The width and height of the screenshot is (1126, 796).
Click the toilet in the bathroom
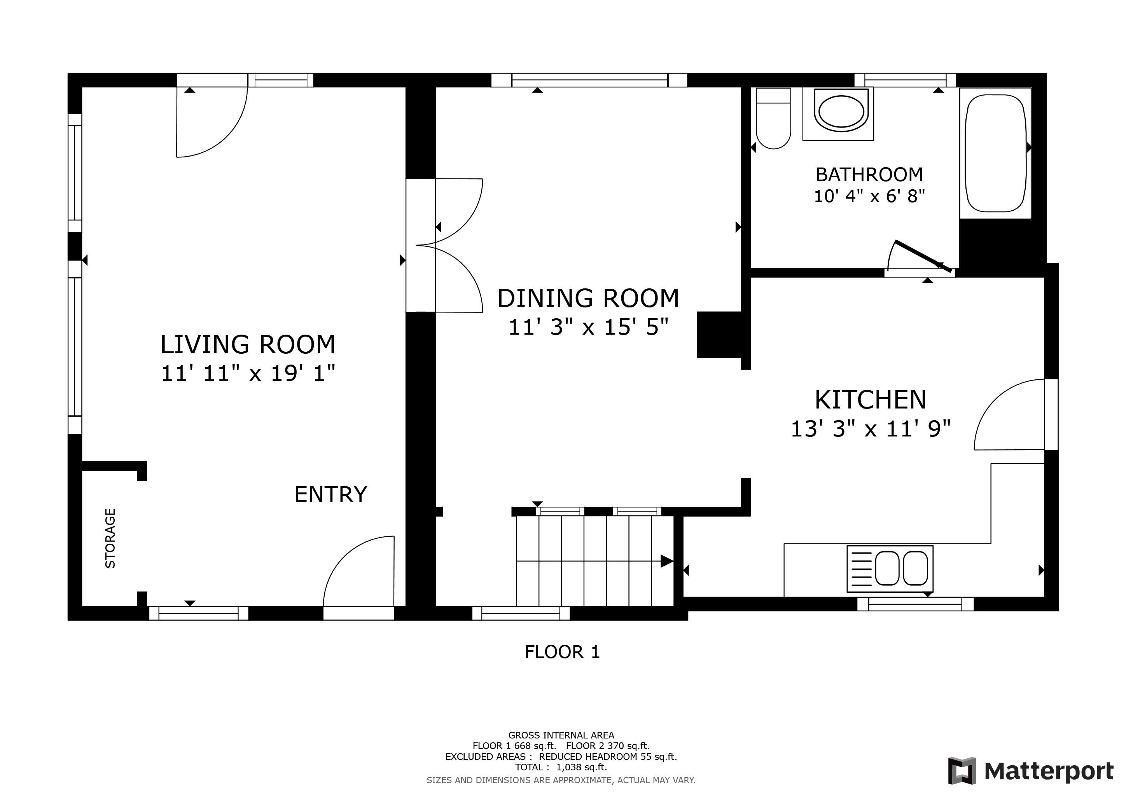(773, 118)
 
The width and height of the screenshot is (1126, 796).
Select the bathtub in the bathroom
(995, 153)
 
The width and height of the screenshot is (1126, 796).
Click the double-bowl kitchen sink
(890, 569)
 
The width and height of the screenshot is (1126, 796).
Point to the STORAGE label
(110, 538)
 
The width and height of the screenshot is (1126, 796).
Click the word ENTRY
(330, 494)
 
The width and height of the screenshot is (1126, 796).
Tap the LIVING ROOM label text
(248, 345)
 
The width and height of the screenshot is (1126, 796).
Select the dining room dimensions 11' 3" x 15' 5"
(589, 327)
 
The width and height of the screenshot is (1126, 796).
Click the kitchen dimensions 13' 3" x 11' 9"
(871, 429)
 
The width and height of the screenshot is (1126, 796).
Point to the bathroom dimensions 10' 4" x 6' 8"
(869, 196)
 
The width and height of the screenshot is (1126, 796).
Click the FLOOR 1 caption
(563, 652)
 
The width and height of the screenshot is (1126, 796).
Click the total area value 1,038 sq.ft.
(582, 767)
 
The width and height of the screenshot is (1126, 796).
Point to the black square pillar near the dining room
(719, 335)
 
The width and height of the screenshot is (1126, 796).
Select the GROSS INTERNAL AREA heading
(561, 735)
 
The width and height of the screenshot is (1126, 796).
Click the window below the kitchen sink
(915, 604)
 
